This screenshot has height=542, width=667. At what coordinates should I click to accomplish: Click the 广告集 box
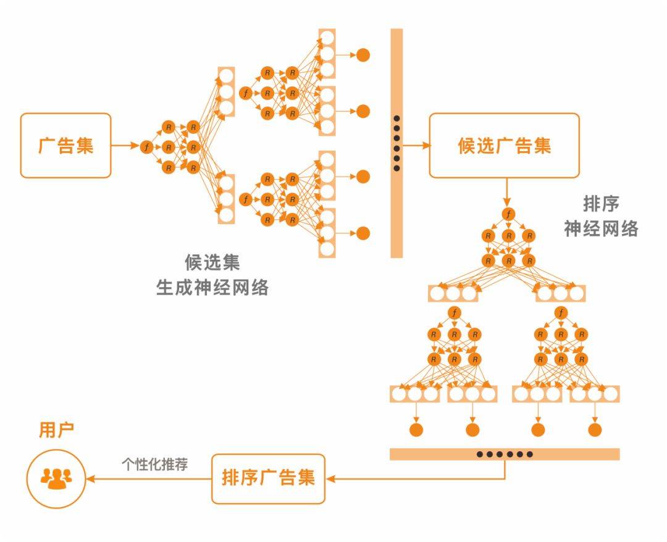pos(66,146)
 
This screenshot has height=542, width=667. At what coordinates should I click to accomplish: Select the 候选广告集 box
pos(504,146)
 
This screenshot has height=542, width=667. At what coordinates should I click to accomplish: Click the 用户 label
pos(56,430)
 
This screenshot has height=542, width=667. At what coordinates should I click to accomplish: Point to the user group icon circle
pos(56,478)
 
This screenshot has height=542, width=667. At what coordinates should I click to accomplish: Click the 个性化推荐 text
pos(154,464)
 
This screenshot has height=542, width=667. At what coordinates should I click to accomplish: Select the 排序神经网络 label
pos(600,217)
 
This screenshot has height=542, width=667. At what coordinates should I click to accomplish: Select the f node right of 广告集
pos(146,147)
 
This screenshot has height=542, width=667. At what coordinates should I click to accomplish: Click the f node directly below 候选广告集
pos(508,214)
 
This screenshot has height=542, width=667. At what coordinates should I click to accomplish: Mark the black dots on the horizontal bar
pos(505,454)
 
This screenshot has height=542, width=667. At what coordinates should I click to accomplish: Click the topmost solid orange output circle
pos(363,54)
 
